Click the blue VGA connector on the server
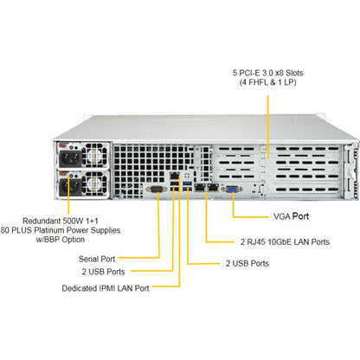(x=232, y=190)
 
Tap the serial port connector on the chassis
(x=157, y=190)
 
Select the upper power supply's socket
(x=70, y=159)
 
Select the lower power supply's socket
(x=70, y=187)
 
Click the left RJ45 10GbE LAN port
(x=200, y=187)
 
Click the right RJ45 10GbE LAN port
(x=213, y=187)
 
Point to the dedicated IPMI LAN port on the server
(x=175, y=176)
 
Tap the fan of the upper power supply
(x=95, y=156)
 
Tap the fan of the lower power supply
(x=95, y=183)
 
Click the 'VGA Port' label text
(x=291, y=216)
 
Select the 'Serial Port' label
(x=97, y=259)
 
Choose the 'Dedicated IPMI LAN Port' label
(x=106, y=288)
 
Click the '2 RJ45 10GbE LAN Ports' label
(x=285, y=241)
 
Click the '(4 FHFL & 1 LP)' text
(x=267, y=82)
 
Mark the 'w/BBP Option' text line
(x=61, y=240)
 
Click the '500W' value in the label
(x=69, y=221)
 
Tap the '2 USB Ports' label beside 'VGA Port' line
(x=247, y=263)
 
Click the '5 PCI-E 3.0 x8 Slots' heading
(x=267, y=73)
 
